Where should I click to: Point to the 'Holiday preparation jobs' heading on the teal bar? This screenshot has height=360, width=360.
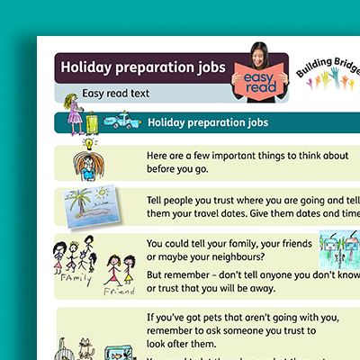[x=207, y=122]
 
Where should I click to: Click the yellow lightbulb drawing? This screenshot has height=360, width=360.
[x=89, y=143]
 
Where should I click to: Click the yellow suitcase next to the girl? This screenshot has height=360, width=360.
[x=91, y=120]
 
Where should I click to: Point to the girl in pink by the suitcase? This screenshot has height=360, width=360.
[x=72, y=112]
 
